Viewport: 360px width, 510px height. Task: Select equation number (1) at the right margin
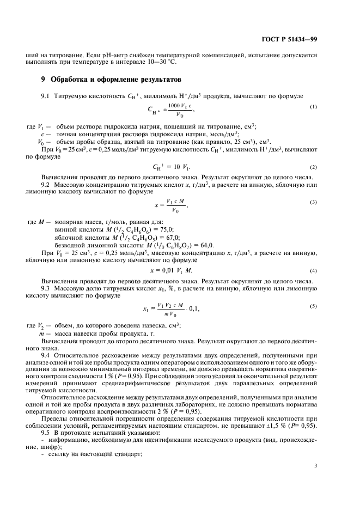[x=313, y=106]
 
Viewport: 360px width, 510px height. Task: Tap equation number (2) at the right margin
[x=313, y=167]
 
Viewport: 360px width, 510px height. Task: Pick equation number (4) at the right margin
[x=313, y=271]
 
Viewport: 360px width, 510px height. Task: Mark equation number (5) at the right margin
[x=313, y=306]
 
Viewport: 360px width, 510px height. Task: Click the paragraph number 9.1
[x=46, y=96]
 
